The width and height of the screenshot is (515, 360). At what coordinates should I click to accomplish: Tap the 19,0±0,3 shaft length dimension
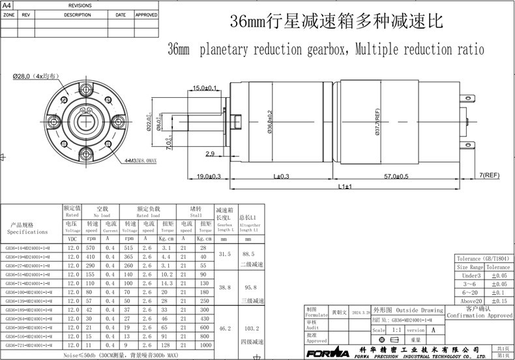click(x=209, y=176)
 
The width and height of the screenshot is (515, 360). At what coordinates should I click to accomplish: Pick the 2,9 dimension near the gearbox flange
click(x=210, y=153)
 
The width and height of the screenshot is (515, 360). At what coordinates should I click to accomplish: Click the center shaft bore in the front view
click(x=86, y=120)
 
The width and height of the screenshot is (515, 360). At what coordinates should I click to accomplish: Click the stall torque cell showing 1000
click(x=205, y=344)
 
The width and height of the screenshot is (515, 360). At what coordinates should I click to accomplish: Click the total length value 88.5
click(x=248, y=254)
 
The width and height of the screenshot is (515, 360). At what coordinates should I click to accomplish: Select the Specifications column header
click(x=27, y=228)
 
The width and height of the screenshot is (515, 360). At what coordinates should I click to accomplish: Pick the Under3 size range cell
click(x=470, y=276)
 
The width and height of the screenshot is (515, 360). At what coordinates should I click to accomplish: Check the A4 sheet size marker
click(x=7, y=5)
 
